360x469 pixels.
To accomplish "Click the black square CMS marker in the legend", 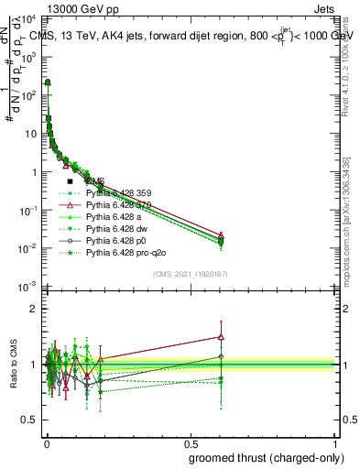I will pyautogui.click(x=71, y=181).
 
